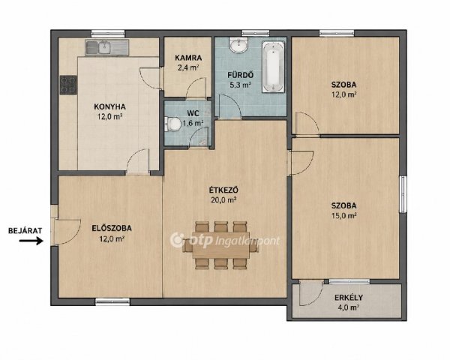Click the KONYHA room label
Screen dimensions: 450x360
[109, 106]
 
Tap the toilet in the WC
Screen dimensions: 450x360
[172, 124]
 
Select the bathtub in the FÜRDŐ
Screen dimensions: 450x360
[273, 67]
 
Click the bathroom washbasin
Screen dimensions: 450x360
[238, 46]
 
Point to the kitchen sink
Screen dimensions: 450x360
[104, 48]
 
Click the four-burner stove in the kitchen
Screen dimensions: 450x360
[68, 85]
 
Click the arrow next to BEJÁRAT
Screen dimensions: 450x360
[31, 241]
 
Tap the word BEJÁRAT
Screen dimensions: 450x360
[25, 230]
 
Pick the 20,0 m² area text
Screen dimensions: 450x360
[223, 200]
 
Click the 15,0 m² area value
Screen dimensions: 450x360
[344, 215]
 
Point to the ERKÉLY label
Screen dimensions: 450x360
[349, 298]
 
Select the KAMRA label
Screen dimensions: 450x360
[188, 58]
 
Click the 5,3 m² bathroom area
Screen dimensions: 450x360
[241, 85]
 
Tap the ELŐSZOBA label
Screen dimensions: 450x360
[112, 228]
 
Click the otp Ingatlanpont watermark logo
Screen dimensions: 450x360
[225, 241]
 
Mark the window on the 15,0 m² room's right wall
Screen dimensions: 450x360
[403, 194]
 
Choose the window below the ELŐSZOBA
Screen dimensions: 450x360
[112, 301]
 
